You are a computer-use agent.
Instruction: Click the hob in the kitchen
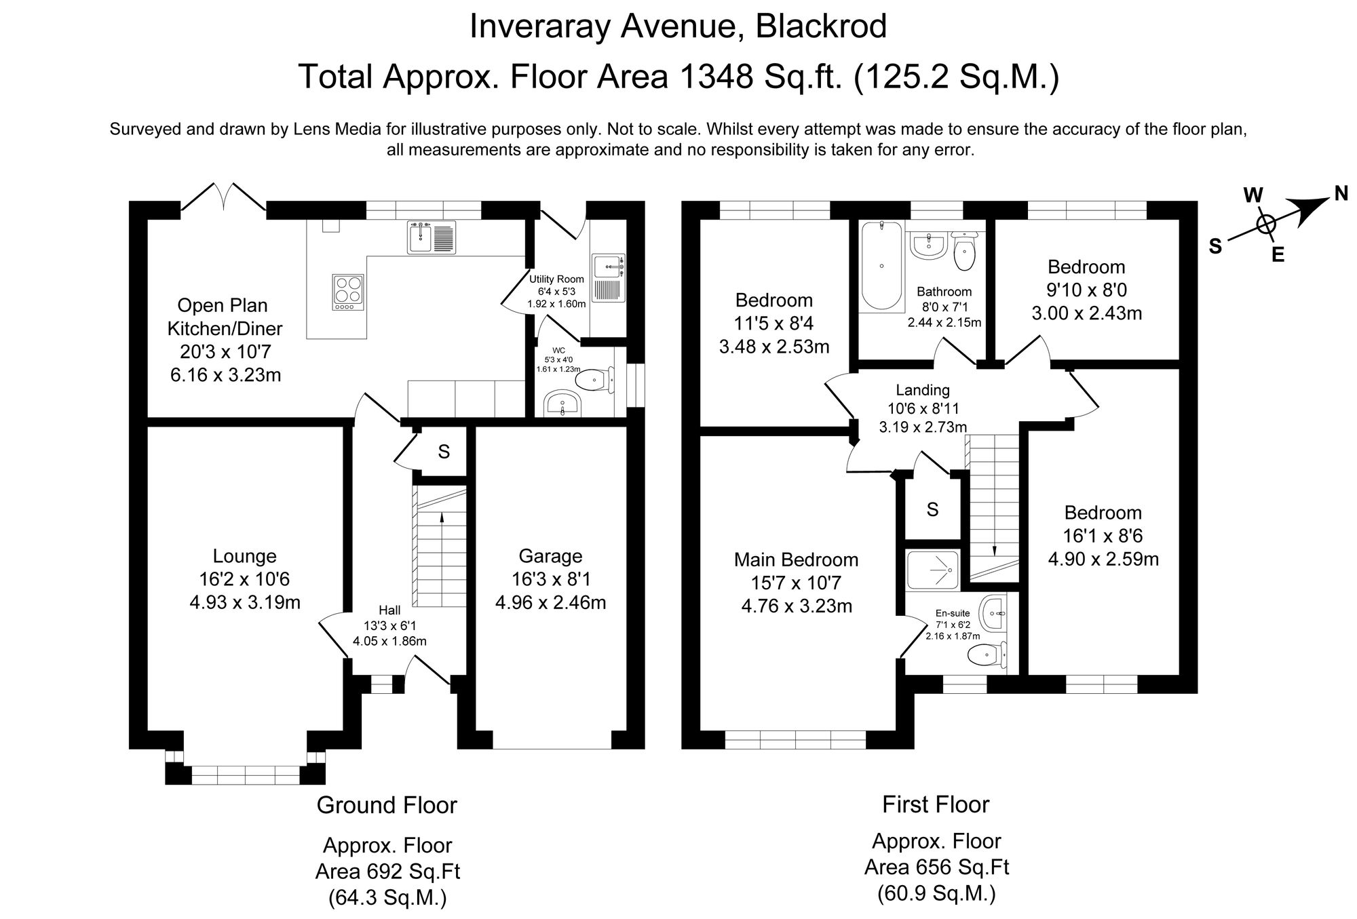348,292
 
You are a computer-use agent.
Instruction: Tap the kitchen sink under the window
432,237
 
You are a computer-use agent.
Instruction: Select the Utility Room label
556,279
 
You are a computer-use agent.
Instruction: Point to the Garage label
550,556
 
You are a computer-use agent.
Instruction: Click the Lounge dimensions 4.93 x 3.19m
245,602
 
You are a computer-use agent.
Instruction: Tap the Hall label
389,629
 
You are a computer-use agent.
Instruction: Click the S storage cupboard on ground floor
444,452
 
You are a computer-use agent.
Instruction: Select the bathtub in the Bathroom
881,267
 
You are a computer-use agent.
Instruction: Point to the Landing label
922,390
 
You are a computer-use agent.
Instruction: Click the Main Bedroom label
796,560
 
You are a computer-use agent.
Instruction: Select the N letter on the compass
1341,194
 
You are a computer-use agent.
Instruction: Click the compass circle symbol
1266,224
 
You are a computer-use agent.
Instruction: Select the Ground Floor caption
387,805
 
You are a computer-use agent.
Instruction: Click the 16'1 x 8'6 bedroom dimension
1103,536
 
